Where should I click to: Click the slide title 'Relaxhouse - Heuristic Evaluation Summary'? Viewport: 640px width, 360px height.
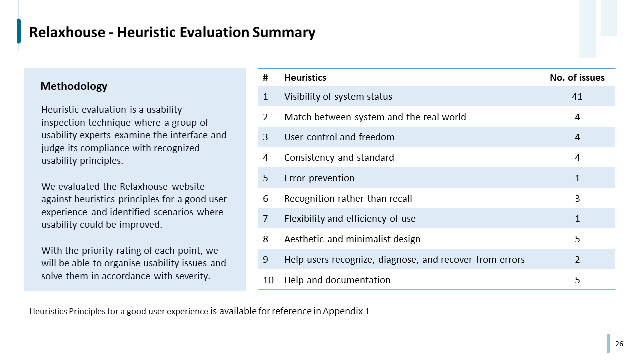[172, 32]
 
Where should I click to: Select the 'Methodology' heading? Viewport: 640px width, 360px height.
[74, 86]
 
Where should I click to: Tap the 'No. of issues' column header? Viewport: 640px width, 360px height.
[577, 77]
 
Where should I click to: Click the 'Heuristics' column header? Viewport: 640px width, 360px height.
[305, 77]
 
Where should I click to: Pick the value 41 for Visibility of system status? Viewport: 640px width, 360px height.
[577, 97]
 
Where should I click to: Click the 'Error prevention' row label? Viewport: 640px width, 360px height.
[319, 178]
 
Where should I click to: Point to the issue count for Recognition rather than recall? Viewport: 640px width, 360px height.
[577, 199]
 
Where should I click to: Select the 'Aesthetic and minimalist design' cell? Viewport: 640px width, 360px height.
[352, 239]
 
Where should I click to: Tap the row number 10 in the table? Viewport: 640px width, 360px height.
[268, 280]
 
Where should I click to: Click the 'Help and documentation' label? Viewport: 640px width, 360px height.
[337, 280]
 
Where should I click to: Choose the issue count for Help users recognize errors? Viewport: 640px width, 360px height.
[577, 260]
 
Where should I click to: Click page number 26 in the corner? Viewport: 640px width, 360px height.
[619, 344]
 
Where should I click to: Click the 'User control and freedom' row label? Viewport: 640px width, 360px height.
[339, 137]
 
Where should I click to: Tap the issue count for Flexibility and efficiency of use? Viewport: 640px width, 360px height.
[577, 219]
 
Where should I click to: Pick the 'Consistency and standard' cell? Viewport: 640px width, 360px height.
[339, 158]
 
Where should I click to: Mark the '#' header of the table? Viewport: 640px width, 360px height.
[265, 77]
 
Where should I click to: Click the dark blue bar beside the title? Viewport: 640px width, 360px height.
[19, 31]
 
